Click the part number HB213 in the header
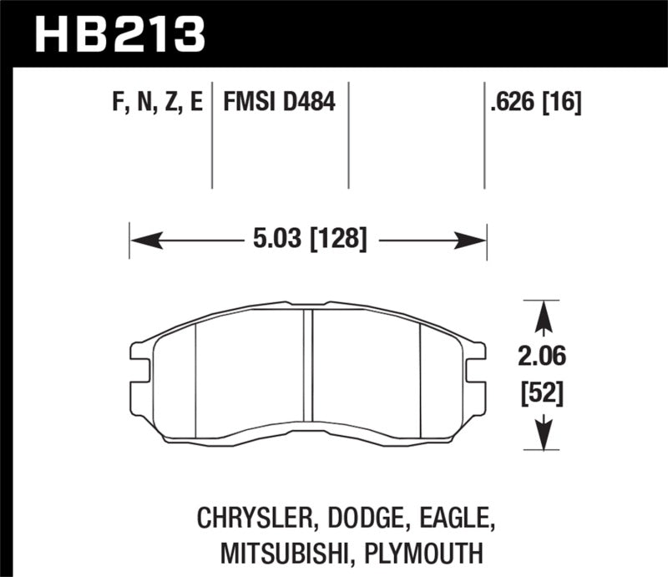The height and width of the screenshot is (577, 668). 119,33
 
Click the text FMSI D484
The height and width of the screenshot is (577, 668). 279,104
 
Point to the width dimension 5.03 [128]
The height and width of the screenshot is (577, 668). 308,240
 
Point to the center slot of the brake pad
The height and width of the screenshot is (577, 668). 308,367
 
